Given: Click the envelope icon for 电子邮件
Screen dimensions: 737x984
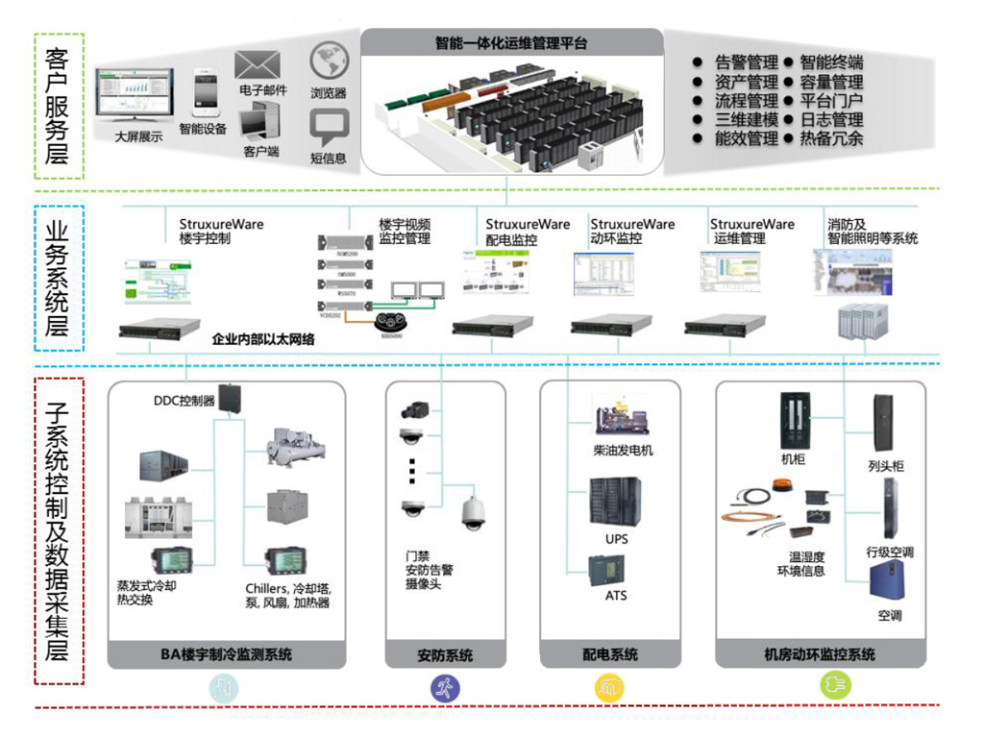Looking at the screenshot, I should click(x=257, y=65).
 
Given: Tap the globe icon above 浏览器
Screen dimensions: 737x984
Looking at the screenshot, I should click(x=329, y=61).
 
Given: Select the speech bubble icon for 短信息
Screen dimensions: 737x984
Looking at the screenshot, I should click(x=329, y=128).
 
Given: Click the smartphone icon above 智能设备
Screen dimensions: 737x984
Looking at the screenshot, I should click(x=203, y=91).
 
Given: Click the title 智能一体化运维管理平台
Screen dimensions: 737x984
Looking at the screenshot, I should click(x=511, y=43).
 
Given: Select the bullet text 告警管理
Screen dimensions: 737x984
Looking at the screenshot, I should click(x=747, y=62).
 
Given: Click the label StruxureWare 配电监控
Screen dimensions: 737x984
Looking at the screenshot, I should click(x=527, y=232).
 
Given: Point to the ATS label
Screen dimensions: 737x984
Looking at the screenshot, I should click(x=616, y=596).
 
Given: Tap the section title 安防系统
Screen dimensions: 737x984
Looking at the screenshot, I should click(x=445, y=655).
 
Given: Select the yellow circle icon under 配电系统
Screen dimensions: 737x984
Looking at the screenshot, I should click(x=609, y=687).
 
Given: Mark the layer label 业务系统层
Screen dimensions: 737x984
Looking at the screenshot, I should click(x=59, y=279).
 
